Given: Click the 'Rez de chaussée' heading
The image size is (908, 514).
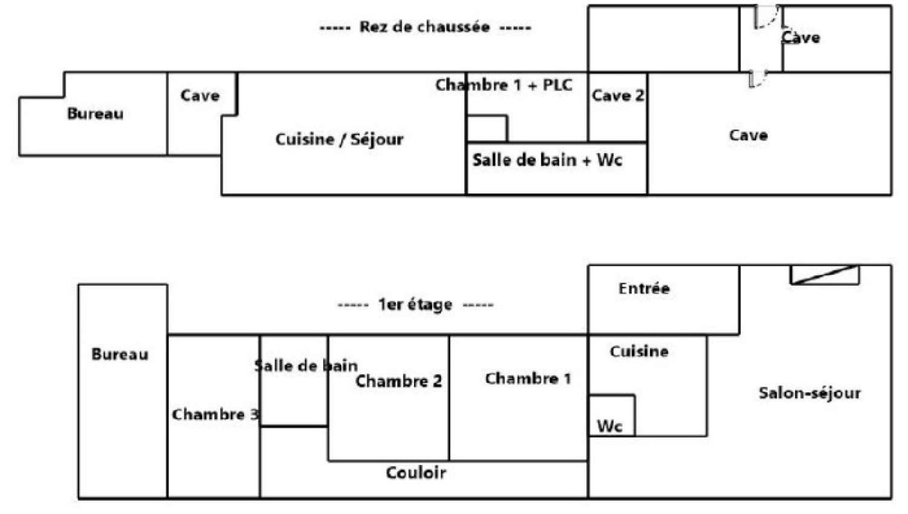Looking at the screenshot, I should pos(424,27).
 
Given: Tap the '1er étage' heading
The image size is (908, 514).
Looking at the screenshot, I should pos(415,304).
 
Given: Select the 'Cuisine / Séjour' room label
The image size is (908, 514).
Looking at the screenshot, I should pos(339,139).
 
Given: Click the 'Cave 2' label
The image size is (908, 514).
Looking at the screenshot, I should pos(617,96).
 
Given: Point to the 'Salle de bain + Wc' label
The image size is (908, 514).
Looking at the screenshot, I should pos(547,160).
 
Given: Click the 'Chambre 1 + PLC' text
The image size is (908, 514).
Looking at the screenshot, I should pos(504,85).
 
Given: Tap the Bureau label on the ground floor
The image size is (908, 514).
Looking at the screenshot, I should pos(95,114).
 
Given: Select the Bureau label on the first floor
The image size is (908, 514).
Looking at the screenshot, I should pos(120,354).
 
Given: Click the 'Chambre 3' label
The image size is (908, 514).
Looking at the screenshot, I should pos(215,415).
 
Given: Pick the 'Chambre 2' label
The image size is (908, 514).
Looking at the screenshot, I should pos(398,381).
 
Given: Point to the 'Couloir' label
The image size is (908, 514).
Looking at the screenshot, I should pos(416,473).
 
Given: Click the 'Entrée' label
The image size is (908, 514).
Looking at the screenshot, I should pos(644,289).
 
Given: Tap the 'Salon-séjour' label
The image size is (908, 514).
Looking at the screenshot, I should pos(809,394).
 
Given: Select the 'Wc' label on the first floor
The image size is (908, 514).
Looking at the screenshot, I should pos(609,426).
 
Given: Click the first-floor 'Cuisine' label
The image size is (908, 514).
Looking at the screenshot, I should pos(639,352).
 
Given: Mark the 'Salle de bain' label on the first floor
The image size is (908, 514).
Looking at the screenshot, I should pos(306,366).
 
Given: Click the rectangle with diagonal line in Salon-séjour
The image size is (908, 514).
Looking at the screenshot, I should pos(824,275).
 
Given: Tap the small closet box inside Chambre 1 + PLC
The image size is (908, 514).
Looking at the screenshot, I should pos(487,128).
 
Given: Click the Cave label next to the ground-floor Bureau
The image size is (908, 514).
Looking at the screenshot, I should pos(200,96).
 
